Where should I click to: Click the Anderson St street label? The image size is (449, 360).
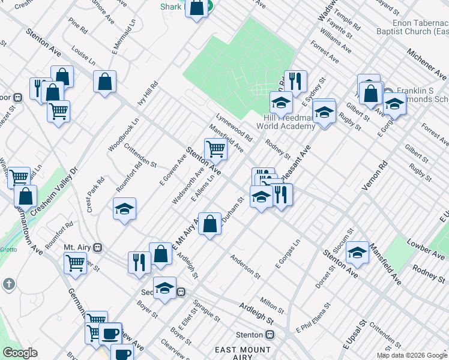pos(246,266)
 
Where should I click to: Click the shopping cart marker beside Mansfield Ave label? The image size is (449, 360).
pos(215,149)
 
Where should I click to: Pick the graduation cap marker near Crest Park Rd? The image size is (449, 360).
pos(124,209)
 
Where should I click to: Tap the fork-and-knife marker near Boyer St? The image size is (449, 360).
pos(139,263)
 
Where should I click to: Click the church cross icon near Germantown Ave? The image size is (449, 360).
pos(8,283)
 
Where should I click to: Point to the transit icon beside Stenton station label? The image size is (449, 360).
pos(271,335)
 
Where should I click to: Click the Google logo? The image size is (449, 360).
pos(20,353)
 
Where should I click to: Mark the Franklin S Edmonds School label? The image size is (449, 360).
pos(414,95)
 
